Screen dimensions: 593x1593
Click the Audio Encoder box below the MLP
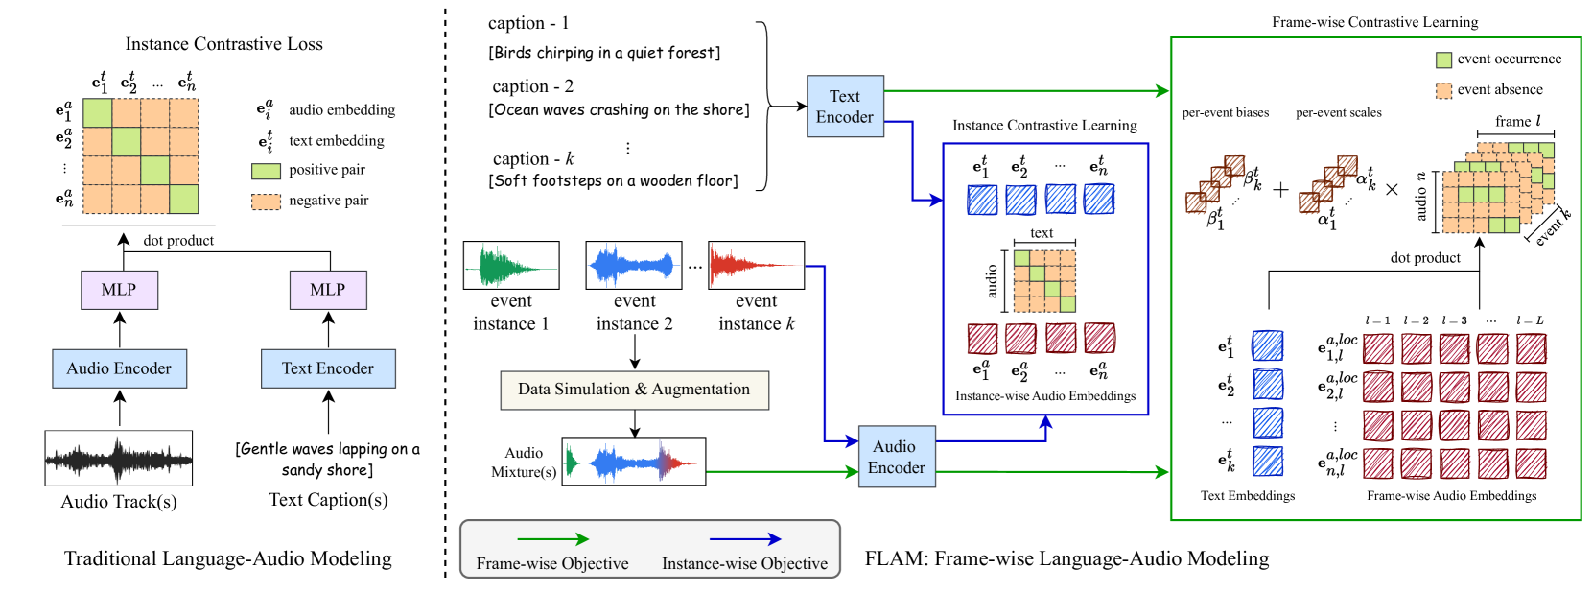point(119,368)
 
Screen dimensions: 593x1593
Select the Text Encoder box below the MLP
point(328,368)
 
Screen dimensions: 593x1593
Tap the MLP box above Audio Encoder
point(119,290)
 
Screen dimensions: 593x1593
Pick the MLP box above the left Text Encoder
point(328,290)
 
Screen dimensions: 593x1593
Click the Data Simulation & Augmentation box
point(634,390)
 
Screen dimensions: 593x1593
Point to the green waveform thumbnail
point(511,266)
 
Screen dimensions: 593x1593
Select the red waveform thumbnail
point(756,266)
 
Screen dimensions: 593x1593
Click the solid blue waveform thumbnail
point(634,266)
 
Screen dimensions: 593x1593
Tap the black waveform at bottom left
point(119,458)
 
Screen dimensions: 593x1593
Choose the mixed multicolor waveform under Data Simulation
point(633,462)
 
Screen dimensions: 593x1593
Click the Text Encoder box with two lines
point(845,107)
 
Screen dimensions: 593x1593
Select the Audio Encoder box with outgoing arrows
point(897,457)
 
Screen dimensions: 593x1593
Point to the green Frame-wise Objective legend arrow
point(552,539)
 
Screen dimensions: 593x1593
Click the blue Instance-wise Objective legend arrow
point(745,539)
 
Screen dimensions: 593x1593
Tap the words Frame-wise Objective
point(552,564)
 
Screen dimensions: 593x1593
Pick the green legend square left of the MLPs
point(266,172)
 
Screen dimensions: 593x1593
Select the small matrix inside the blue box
point(1044,281)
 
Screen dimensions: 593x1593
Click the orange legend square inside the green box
point(1443,91)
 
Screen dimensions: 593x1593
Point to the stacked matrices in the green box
point(1497,188)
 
